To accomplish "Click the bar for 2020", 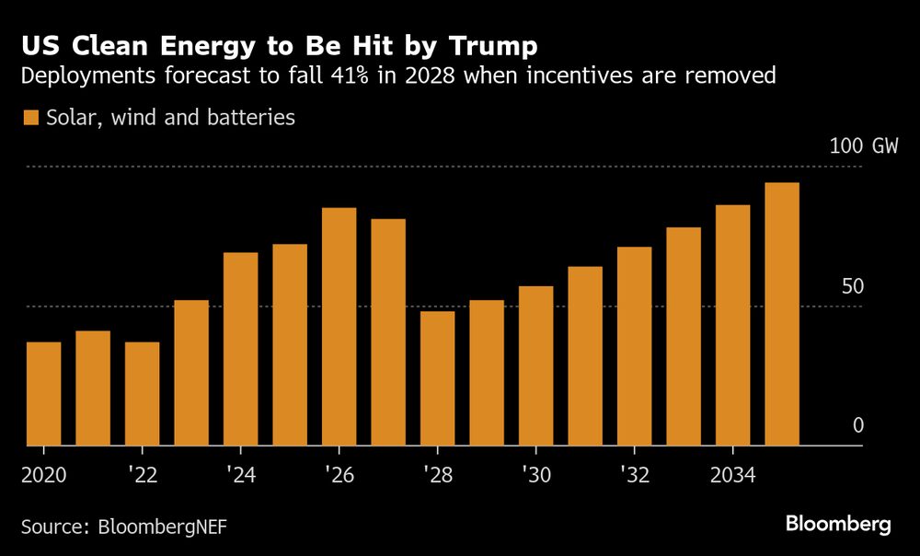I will pos(43,394).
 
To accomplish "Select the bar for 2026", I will pos(339,327).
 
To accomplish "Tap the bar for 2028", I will pos(437,378).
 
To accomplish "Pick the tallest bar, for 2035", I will pos(782,314).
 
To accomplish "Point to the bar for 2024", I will pos(240,349).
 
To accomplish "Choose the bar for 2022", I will pos(142,394).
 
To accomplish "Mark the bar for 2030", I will pos(535,366).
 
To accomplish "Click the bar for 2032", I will pos(634,346).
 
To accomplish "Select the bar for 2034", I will pos(732,325).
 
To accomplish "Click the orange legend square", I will pos(31,118).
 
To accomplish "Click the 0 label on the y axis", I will pos(858,425).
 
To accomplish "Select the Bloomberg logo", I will pos(838,524).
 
